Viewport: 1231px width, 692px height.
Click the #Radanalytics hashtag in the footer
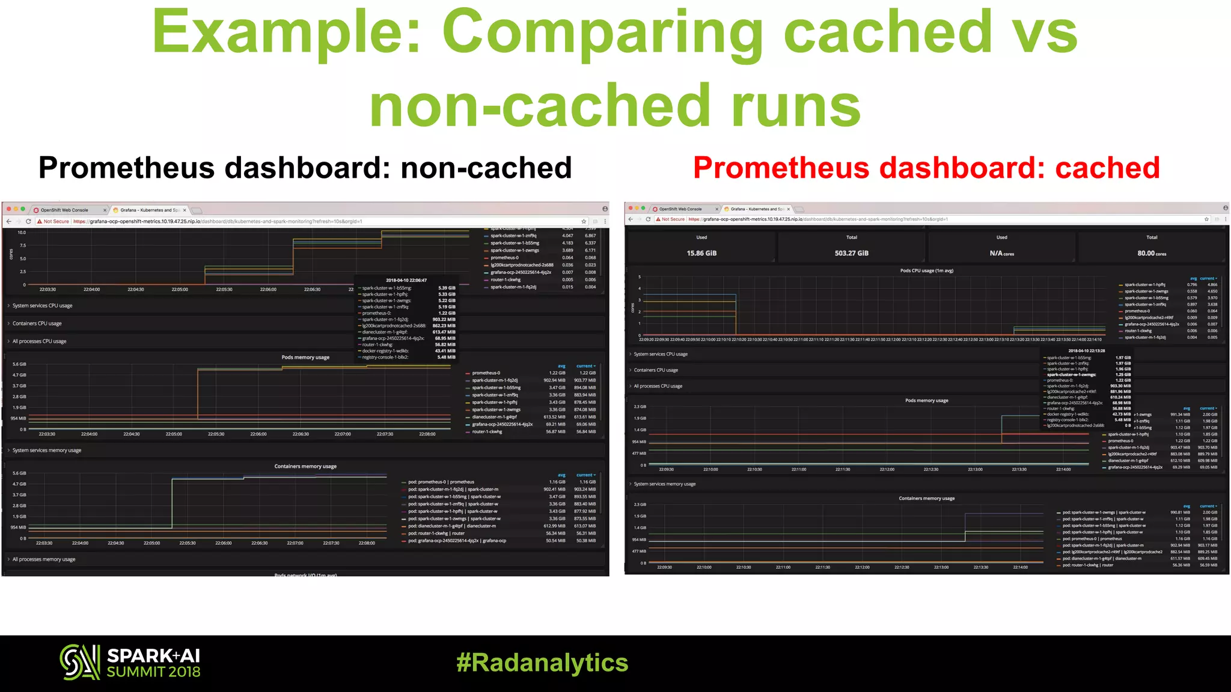pyautogui.click(x=542, y=663)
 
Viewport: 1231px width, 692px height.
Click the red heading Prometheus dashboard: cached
pyautogui.click(x=926, y=168)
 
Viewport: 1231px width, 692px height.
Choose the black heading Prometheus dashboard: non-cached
pyautogui.click(x=305, y=168)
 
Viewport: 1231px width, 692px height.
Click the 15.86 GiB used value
pyautogui.click(x=701, y=253)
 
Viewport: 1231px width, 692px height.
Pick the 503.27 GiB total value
pyautogui.click(x=851, y=253)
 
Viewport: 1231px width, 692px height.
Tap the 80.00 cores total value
pyautogui.click(x=1151, y=253)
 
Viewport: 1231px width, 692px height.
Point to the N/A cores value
pyautogui.click(x=1001, y=253)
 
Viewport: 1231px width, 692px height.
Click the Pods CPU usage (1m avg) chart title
pyautogui.click(x=926, y=271)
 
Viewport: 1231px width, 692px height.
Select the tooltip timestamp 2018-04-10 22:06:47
pyautogui.click(x=406, y=281)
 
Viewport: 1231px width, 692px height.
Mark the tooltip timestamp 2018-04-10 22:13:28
pyautogui.click(x=1087, y=351)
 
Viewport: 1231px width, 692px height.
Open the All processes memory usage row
pyautogui.click(x=44, y=559)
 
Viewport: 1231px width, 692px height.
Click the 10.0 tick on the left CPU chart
pyautogui.click(x=22, y=232)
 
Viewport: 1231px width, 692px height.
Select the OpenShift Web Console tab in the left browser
pyautogui.click(x=65, y=210)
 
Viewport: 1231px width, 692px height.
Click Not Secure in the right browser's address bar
pyautogui.click(x=673, y=219)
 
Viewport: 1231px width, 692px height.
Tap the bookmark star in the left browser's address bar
pyautogui.click(x=584, y=222)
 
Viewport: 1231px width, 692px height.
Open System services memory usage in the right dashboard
pyautogui.click(x=665, y=484)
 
